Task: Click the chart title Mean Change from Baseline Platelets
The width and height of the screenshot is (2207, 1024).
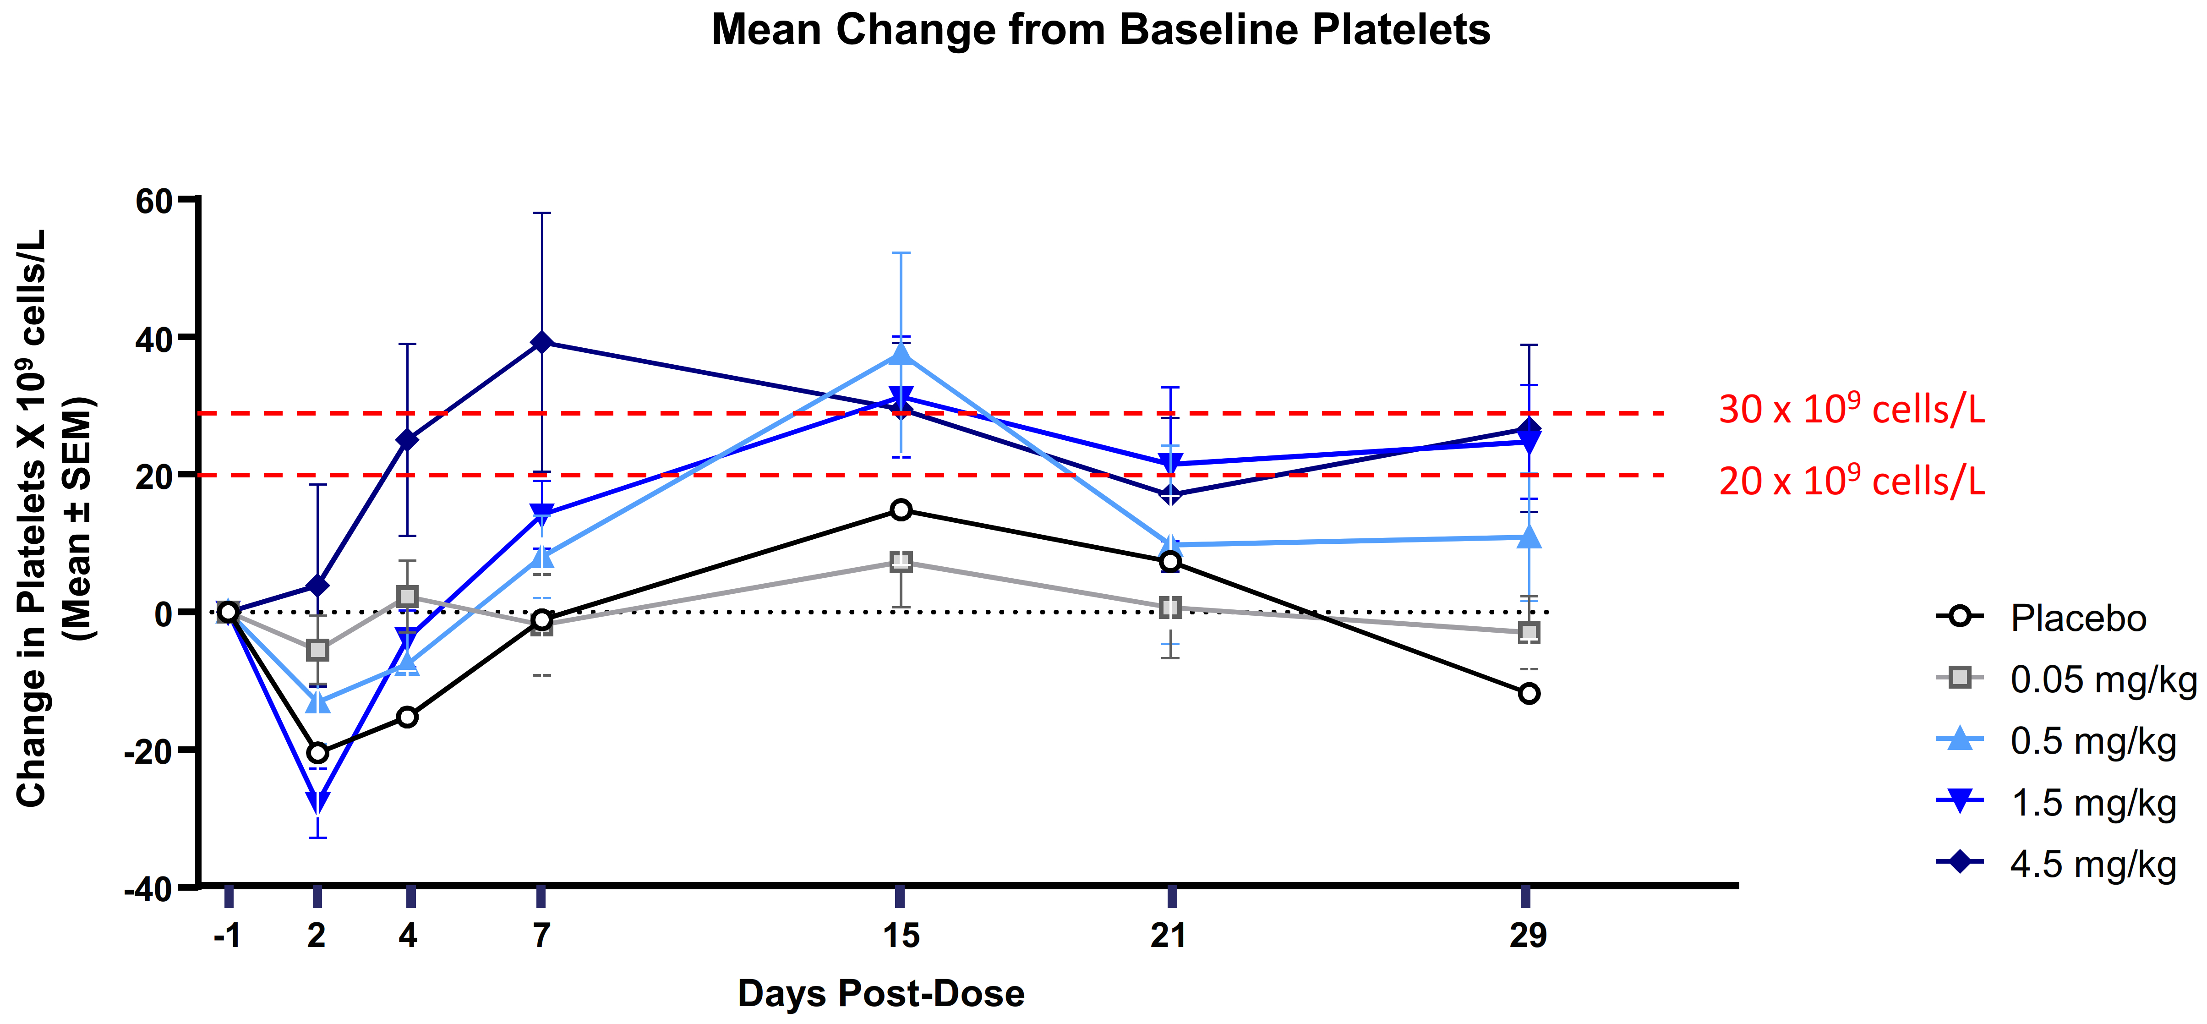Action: (1101, 30)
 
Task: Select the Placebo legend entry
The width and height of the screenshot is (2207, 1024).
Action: (2078, 619)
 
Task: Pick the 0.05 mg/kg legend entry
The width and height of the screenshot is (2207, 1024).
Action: (2102, 679)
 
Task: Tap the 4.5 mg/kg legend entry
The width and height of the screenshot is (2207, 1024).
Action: (2092, 865)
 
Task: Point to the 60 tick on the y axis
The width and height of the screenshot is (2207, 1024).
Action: (154, 202)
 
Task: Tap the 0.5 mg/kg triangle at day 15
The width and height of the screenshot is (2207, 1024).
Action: (901, 354)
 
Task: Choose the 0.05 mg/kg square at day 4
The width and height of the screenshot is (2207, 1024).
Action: (408, 597)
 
